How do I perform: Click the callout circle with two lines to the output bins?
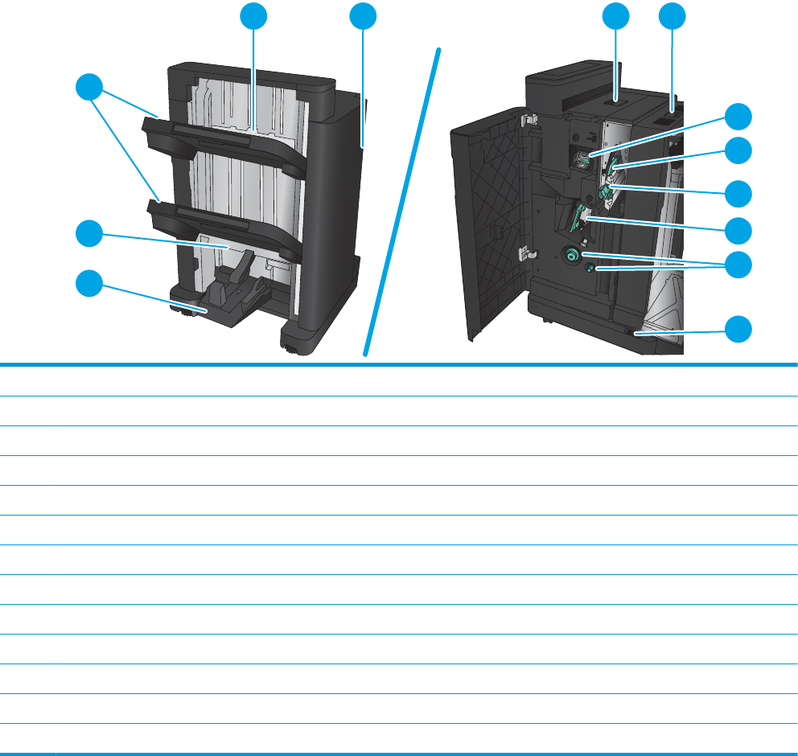pos(90,87)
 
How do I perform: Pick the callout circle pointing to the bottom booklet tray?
pos(90,283)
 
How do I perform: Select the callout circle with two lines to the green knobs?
pos(741,264)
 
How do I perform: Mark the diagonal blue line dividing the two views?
pos(402,201)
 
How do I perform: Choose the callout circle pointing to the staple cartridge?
pos(741,117)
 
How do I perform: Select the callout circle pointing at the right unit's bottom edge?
pos(741,328)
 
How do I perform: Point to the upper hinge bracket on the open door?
pos(528,121)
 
